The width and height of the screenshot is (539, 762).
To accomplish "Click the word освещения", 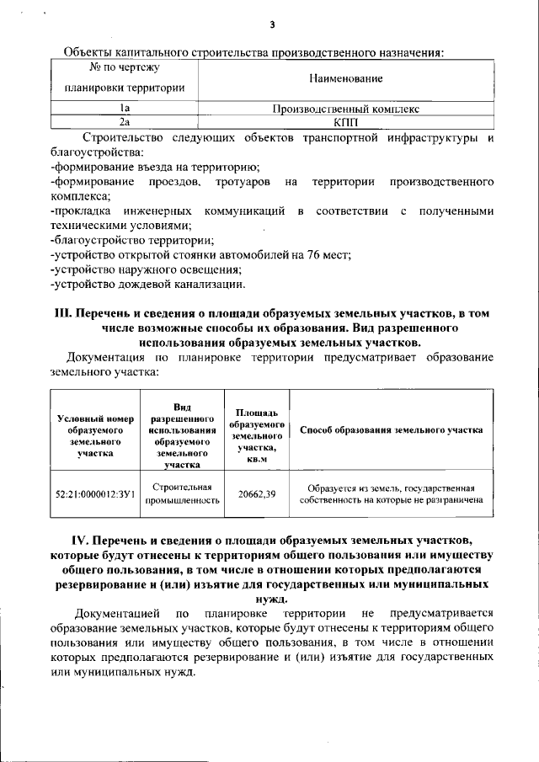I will point(211,269).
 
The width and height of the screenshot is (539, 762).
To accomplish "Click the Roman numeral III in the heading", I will point(66,313).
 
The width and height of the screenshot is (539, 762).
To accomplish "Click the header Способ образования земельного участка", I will point(391,429).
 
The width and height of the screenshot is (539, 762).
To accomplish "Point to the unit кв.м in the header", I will point(257,459).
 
